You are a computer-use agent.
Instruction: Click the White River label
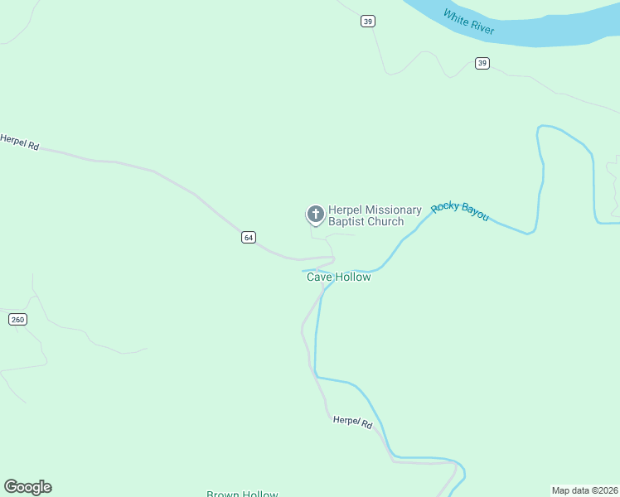click(x=468, y=22)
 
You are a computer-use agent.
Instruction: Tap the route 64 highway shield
click(x=248, y=238)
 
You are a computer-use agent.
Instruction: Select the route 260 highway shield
click(x=17, y=319)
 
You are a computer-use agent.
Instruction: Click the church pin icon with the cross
click(x=315, y=215)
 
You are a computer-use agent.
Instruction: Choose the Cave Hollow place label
click(x=339, y=277)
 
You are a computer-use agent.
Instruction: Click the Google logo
click(x=27, y=487)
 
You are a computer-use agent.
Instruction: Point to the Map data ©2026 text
click(x=584, y=490)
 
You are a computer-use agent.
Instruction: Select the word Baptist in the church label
click(x=347, y=222)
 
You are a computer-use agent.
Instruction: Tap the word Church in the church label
click(x=385, y=222)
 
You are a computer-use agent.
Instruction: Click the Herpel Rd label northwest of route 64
click(x=20, y=142)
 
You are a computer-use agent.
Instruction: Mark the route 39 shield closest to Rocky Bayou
click(x=482, y=63)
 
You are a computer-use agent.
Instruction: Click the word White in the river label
click(x=456, y=16)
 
